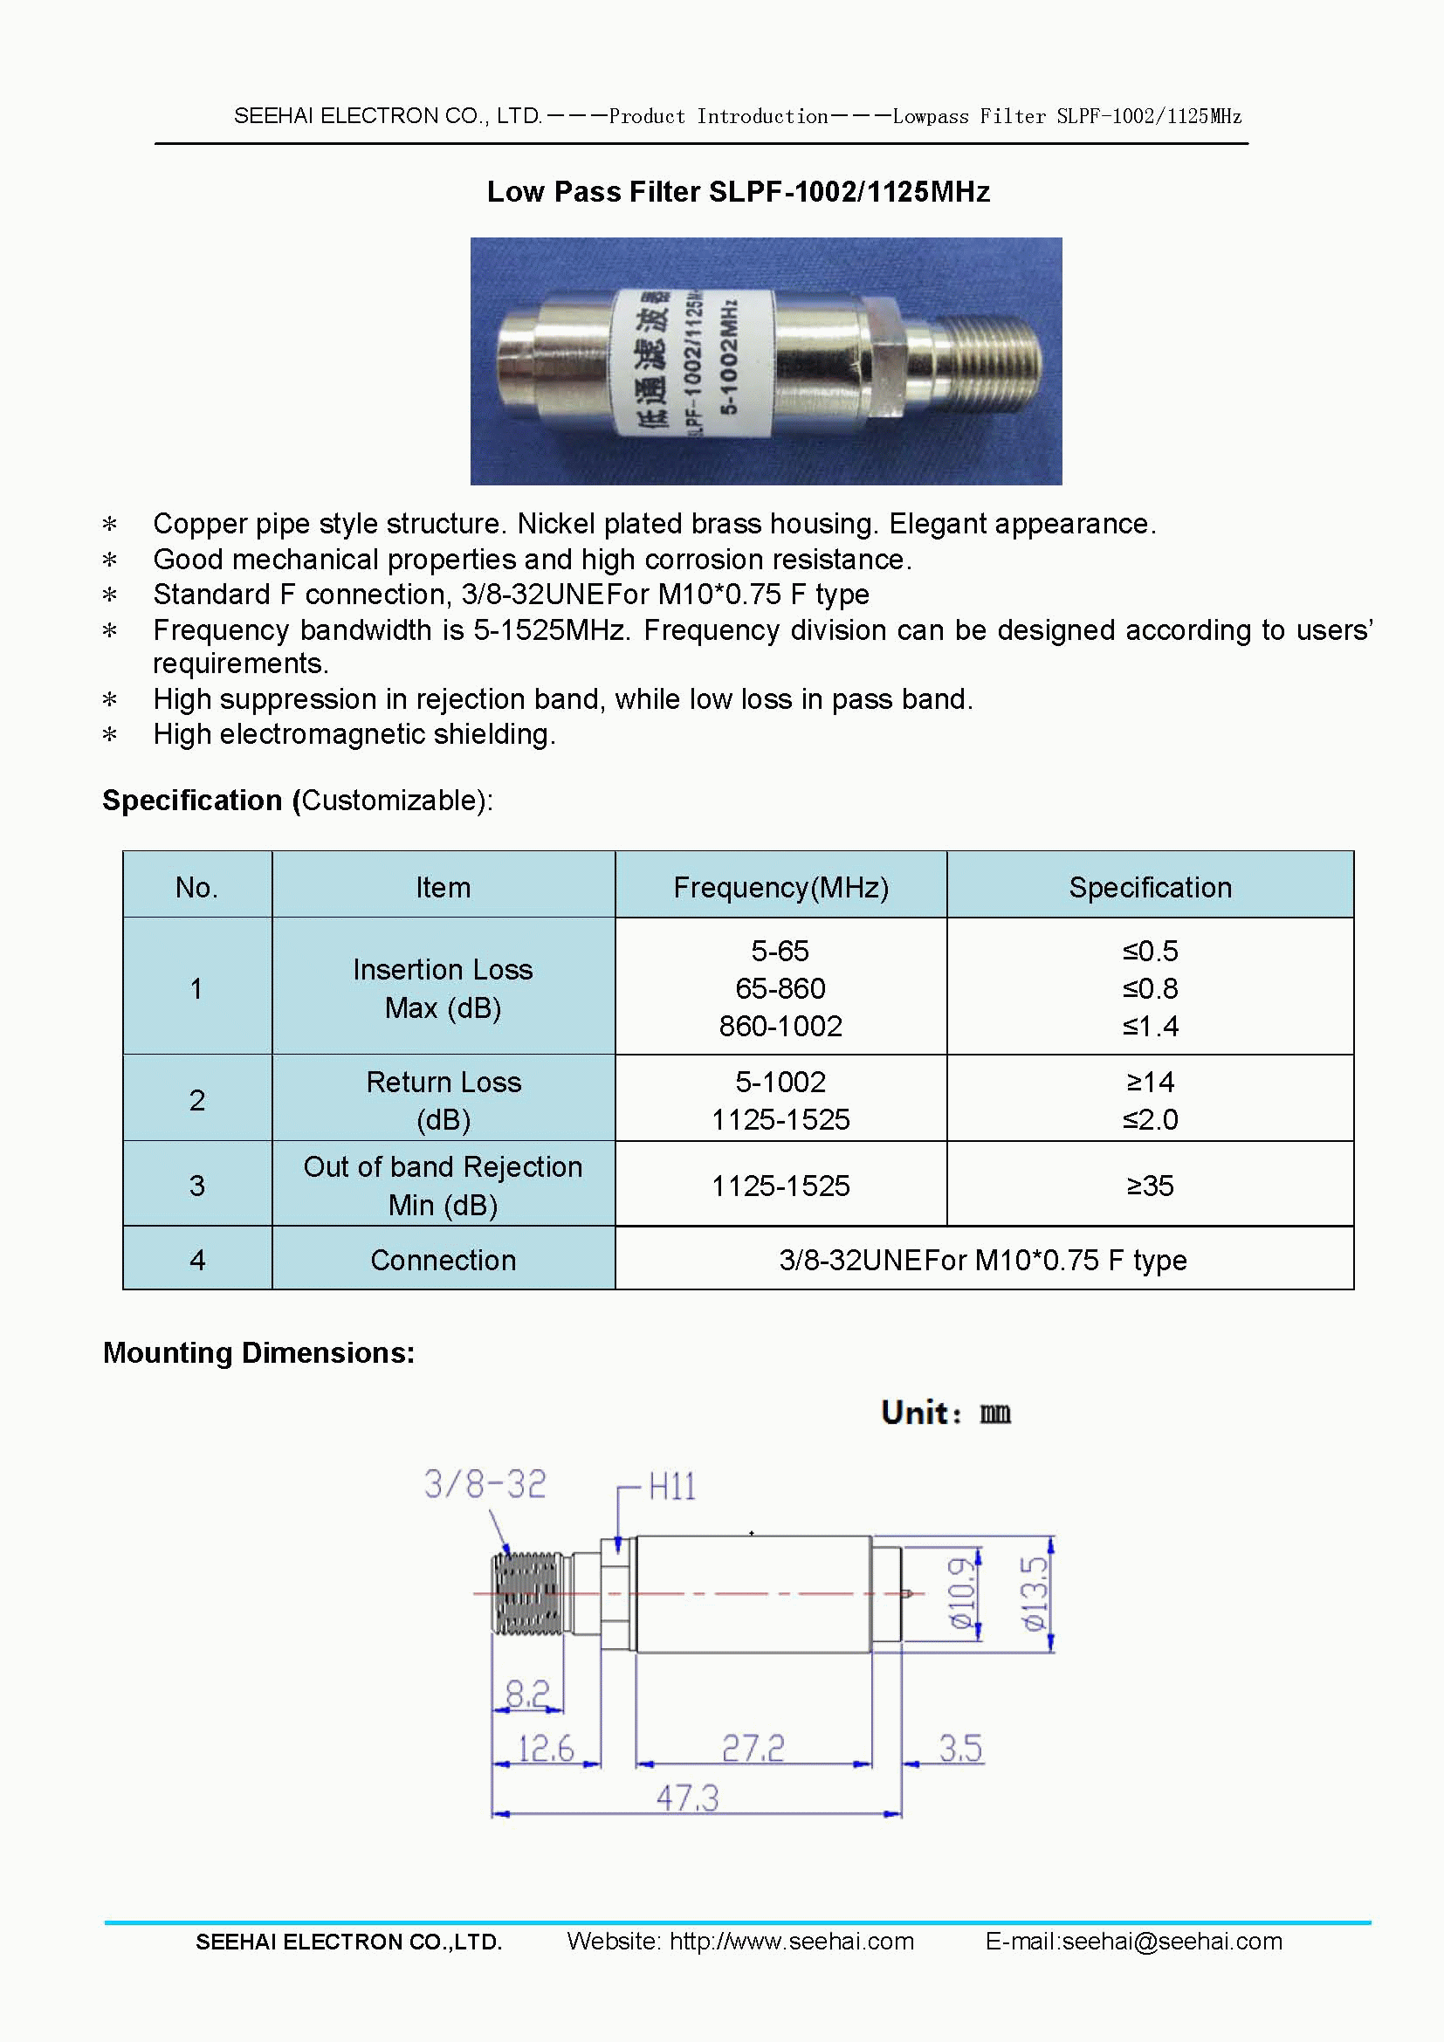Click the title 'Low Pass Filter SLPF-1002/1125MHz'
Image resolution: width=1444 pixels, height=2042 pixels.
[738, 192]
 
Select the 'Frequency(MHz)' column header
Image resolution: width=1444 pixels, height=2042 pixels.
[780, 887]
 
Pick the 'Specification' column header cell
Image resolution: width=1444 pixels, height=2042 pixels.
[1149, 887]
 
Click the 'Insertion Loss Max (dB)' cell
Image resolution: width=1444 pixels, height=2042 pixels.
[443, 988]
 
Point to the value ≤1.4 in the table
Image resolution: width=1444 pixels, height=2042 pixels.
[1150, 1027]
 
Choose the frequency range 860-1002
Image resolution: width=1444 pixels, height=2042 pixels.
[780, 1027]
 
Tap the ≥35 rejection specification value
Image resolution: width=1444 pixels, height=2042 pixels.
[1150, 1186]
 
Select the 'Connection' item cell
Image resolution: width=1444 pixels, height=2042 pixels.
[443, 1261]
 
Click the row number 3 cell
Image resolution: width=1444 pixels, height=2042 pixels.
[197, 1186]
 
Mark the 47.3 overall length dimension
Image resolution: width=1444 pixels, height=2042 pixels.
[686, 1798]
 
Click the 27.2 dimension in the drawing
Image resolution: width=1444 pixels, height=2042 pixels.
[753, 1748]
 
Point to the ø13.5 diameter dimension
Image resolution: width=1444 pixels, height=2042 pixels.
[1033, 1594]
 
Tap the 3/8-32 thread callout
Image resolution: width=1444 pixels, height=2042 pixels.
[485, 1483]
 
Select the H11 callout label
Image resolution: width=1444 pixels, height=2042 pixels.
[671, 1486]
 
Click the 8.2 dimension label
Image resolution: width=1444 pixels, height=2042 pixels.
[526, 1693]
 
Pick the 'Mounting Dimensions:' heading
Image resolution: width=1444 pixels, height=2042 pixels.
[258, 1352]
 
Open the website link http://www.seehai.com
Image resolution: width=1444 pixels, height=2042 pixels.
[791, 1941]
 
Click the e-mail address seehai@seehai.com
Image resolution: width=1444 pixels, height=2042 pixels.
[1172, 1941]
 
